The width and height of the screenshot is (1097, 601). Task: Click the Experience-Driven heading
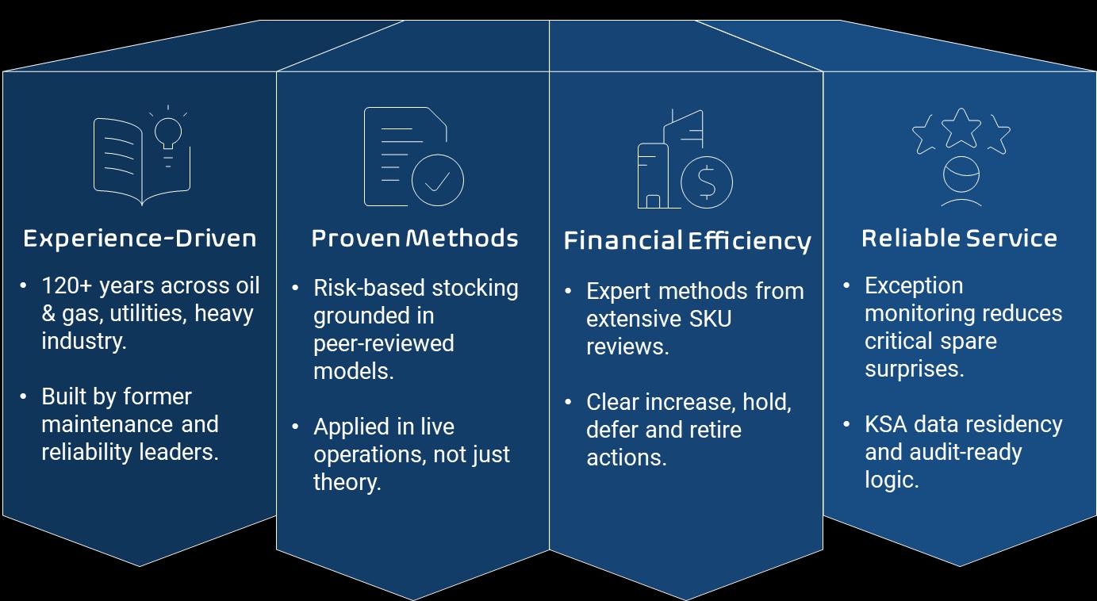[x=140, y=239]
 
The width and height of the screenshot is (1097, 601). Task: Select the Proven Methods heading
[x=414, y=239]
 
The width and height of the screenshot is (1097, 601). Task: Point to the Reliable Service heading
[x=959, y=239]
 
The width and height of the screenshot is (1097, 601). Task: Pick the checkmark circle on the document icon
[x=437, y=180]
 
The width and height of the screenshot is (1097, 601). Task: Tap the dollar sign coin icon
[x=706, y=182]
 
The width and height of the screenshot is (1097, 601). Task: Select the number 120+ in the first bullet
[x=67, y=285]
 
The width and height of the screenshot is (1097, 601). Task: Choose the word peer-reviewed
[x=384, y=343]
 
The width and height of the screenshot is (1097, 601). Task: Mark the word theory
[x=347, y=482]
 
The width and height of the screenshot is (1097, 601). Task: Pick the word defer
[x=611, y=430]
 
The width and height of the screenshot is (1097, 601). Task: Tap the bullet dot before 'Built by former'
[x=24, y=396]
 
